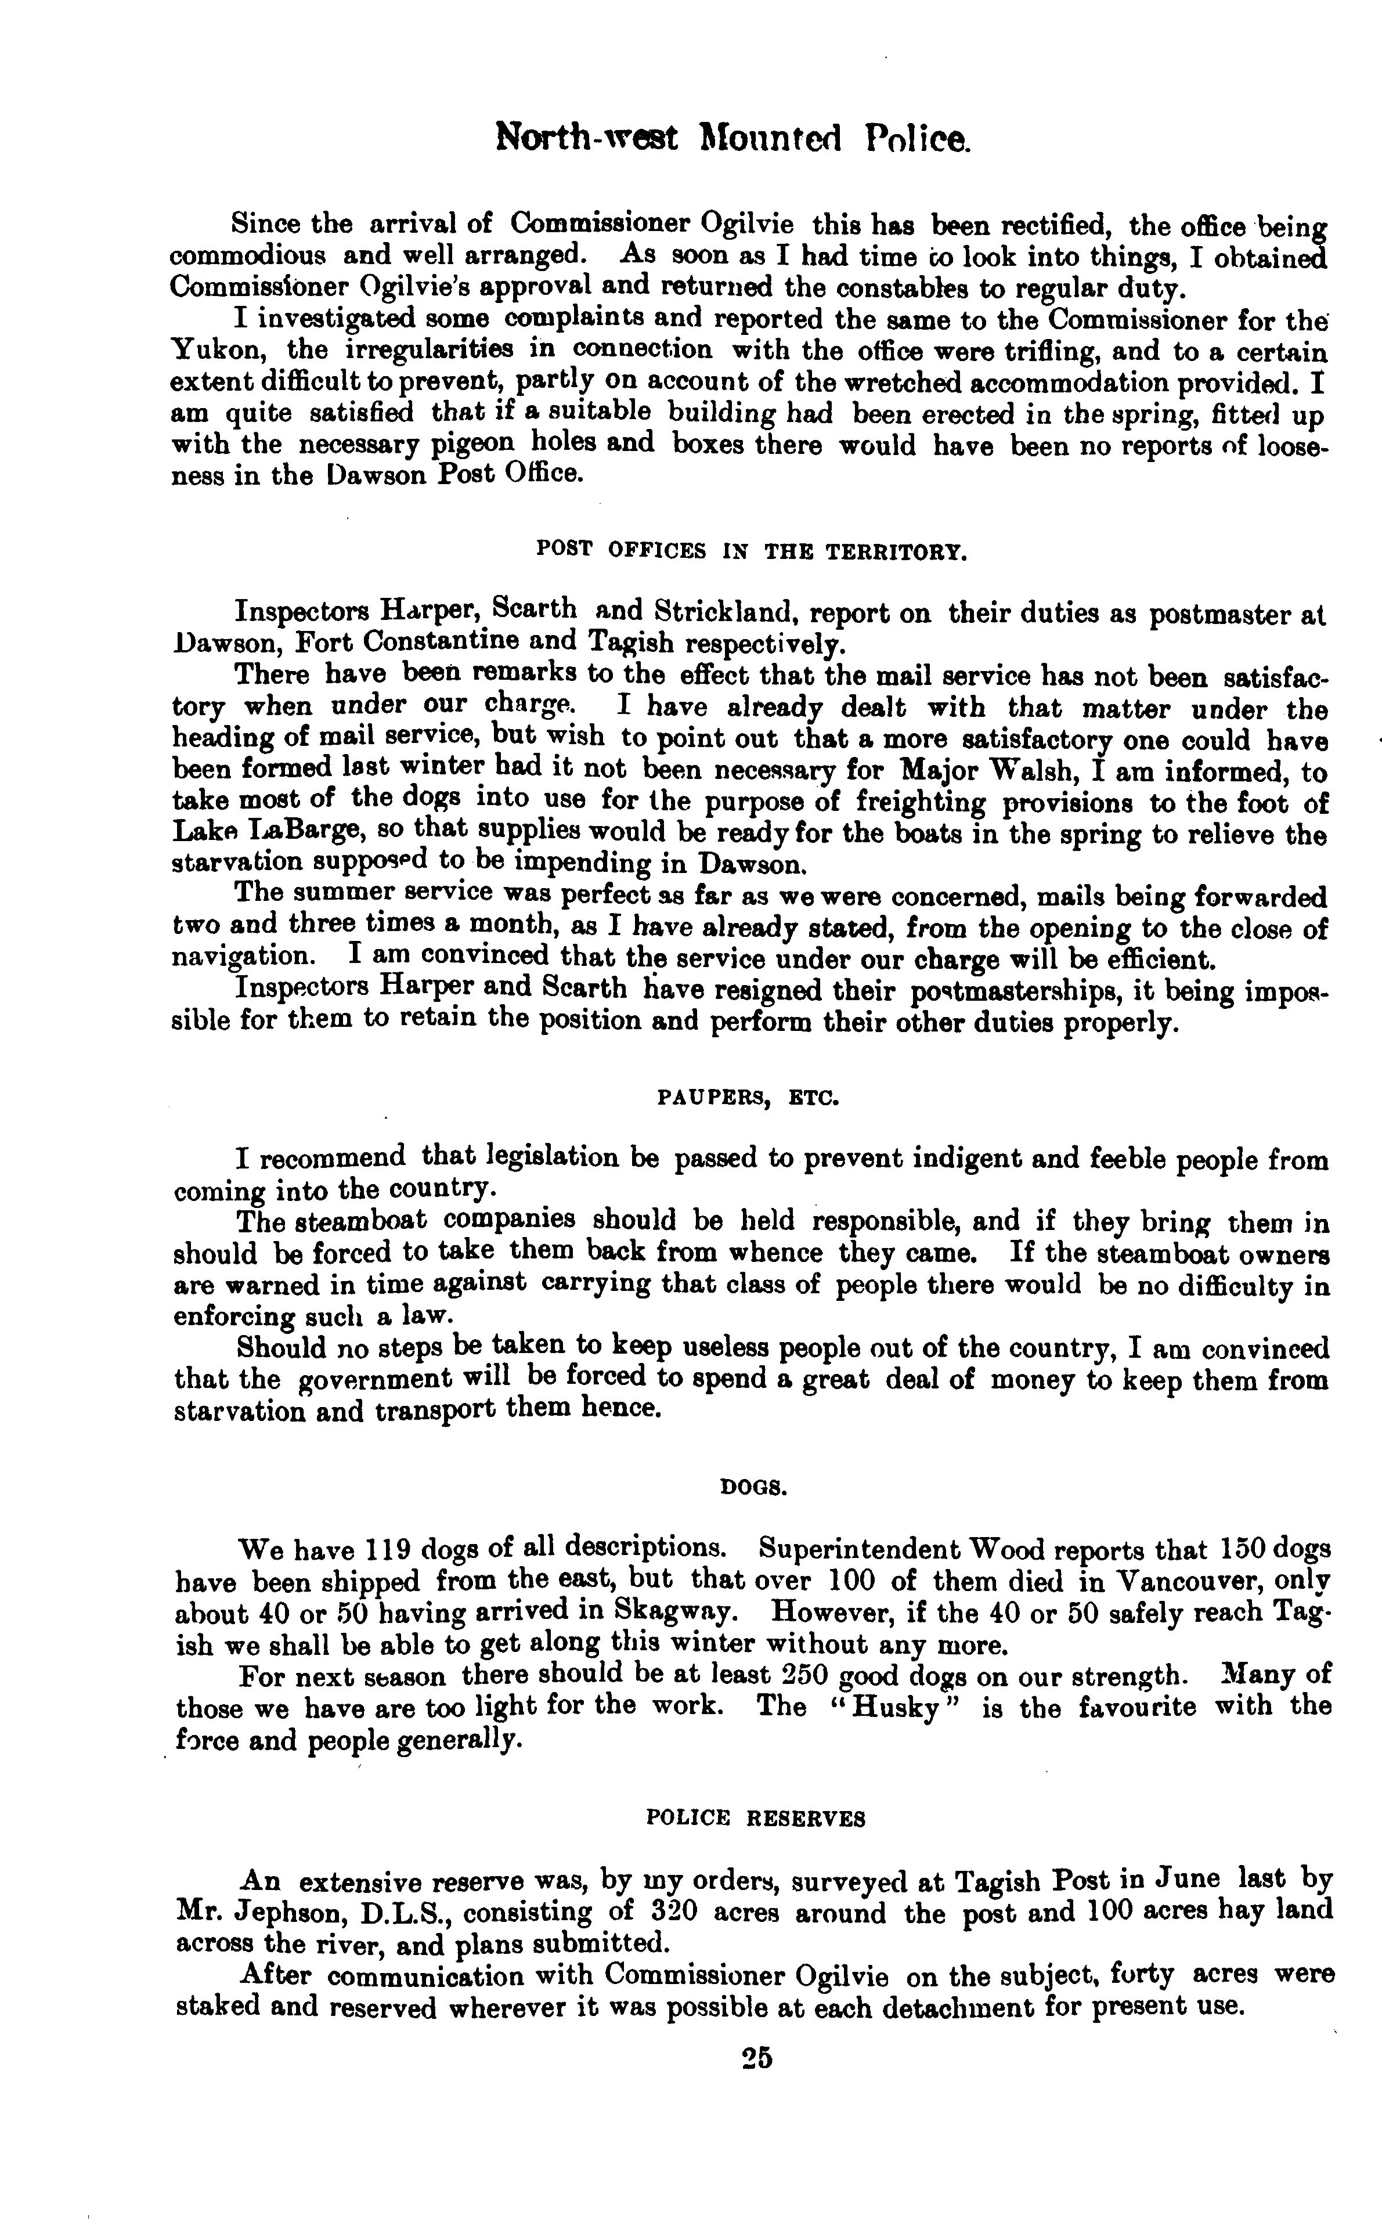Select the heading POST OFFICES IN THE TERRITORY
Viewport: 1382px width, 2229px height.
tap(750, 550)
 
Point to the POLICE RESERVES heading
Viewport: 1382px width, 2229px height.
tap(755, 1819)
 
